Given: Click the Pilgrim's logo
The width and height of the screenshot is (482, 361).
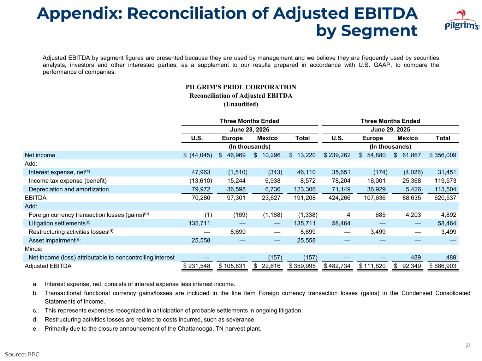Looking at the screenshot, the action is pos(462,20).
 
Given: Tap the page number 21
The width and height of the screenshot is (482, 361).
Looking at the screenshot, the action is pos(468,345).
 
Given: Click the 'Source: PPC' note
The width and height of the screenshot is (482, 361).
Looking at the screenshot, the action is pos(22,354).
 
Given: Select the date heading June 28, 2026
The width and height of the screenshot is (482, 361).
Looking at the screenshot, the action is pos(249,129).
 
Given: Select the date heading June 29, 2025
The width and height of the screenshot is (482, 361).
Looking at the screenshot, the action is pos(390,129).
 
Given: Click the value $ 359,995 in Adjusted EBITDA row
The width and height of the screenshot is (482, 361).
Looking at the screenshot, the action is pos(302,266).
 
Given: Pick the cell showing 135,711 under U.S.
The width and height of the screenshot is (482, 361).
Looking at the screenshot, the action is pos(199,224).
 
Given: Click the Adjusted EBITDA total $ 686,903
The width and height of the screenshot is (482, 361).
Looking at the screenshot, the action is pos(443,266).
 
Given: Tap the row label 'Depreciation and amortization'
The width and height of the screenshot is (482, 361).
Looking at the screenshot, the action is pos(69,189).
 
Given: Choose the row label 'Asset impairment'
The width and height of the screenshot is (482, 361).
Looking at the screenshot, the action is pos(55,240).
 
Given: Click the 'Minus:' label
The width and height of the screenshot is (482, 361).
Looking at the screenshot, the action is pos(34,249).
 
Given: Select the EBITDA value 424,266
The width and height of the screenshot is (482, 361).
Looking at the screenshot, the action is pos(339,198).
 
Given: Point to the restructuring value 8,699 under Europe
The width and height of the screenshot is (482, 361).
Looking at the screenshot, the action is pos(238,232).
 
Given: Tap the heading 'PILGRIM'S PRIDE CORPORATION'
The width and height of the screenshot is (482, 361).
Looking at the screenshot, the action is pos(241,87).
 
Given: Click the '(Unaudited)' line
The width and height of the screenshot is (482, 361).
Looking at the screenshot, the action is pos(241,104).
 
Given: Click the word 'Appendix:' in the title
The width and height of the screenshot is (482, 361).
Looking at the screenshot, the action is pos(79,14).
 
